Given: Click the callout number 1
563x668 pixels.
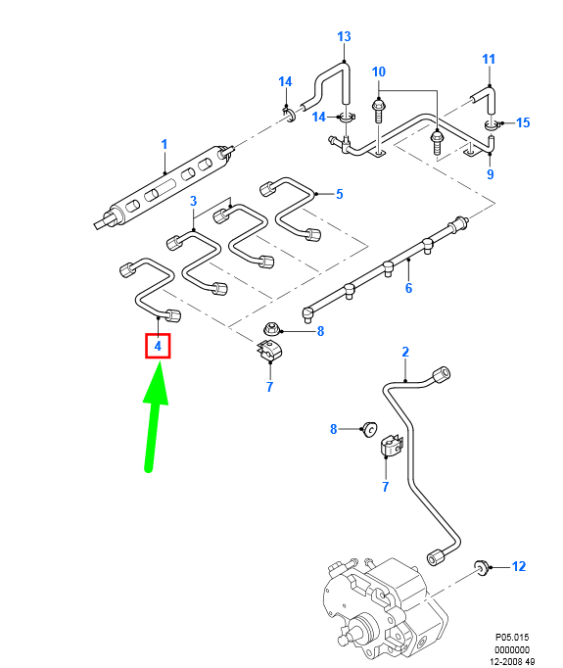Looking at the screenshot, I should point(164,144).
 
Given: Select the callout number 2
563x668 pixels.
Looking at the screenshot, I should point(405,352).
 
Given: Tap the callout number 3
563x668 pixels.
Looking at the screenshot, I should point(194,201).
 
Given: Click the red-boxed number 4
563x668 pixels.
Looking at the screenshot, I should point(158,346).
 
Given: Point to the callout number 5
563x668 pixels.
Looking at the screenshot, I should point(340,194).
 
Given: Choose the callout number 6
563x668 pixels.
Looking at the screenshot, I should point(408,288).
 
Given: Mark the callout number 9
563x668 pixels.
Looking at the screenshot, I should point(491,175).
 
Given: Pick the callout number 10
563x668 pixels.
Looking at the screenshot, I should point(379,72).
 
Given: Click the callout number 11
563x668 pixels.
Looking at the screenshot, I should point(490,60).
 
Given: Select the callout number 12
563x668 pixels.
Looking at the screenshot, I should point(519,566).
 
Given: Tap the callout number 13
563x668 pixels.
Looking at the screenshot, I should point(344,37).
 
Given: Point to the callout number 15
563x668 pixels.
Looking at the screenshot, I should point(523,122).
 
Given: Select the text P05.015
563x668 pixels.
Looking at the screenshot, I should point(512,636).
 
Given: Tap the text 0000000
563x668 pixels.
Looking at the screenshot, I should point(512,648).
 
